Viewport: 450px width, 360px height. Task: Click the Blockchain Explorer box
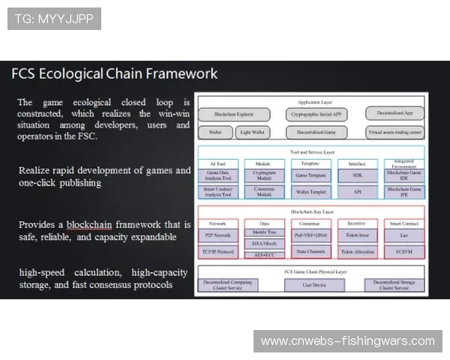click(x=233, y=115)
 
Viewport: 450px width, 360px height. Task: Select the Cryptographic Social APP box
click(x=316, y=115)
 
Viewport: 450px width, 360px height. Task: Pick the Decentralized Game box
click(x=316, y=132)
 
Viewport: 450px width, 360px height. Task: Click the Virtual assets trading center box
click(x=395, y=132)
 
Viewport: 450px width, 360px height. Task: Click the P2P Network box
click(x=218, y=234)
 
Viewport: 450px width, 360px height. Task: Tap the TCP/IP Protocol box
click(x=218, y=252)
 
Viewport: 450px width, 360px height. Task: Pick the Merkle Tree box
click(x=263, y=233)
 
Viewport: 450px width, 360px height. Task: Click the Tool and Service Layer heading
click(x=311, y=151)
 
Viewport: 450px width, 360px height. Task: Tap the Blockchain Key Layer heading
click(x=311, y=212)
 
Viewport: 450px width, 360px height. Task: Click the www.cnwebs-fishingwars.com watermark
click(x=347, y=341)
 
